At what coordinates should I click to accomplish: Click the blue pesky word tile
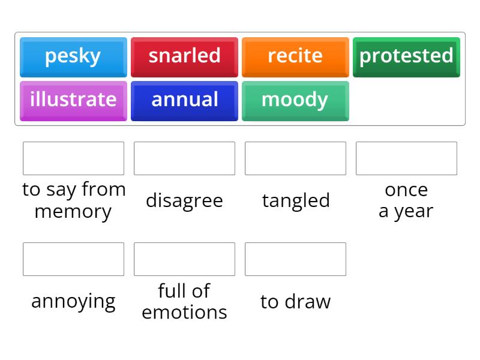[x=73, y=56]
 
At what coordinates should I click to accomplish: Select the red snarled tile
[x=184, y=56]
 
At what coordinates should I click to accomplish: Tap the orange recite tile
[x=295, y=56]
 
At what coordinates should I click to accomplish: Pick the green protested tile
[x=406, y=56]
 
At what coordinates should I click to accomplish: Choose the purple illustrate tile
[x=73, y=100]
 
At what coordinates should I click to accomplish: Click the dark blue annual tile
[x=184, y=100]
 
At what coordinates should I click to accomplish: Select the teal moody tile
[x=295, y=100]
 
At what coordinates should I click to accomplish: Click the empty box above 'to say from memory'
[x=73, y=158]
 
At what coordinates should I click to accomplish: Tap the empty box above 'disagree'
[x=184, y=158]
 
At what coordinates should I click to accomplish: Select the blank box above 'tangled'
[x=295, y=158]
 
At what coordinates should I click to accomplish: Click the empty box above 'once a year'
[x=406, y=158]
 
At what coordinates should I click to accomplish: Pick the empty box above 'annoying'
[x=73, y=259]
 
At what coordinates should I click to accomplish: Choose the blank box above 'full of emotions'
[x=184, y=259]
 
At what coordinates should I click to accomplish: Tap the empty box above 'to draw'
[x=295, y=259]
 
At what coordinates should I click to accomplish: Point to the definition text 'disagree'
[x=184, y=200]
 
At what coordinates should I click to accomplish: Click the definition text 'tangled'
[x=296, y=200]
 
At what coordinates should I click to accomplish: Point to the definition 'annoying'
[x=73, y=301]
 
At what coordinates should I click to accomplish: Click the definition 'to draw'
[x=295, y=301]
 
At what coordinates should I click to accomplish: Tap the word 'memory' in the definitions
[x=73, y=212]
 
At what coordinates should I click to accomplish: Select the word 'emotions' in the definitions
[x=184, y=313]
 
